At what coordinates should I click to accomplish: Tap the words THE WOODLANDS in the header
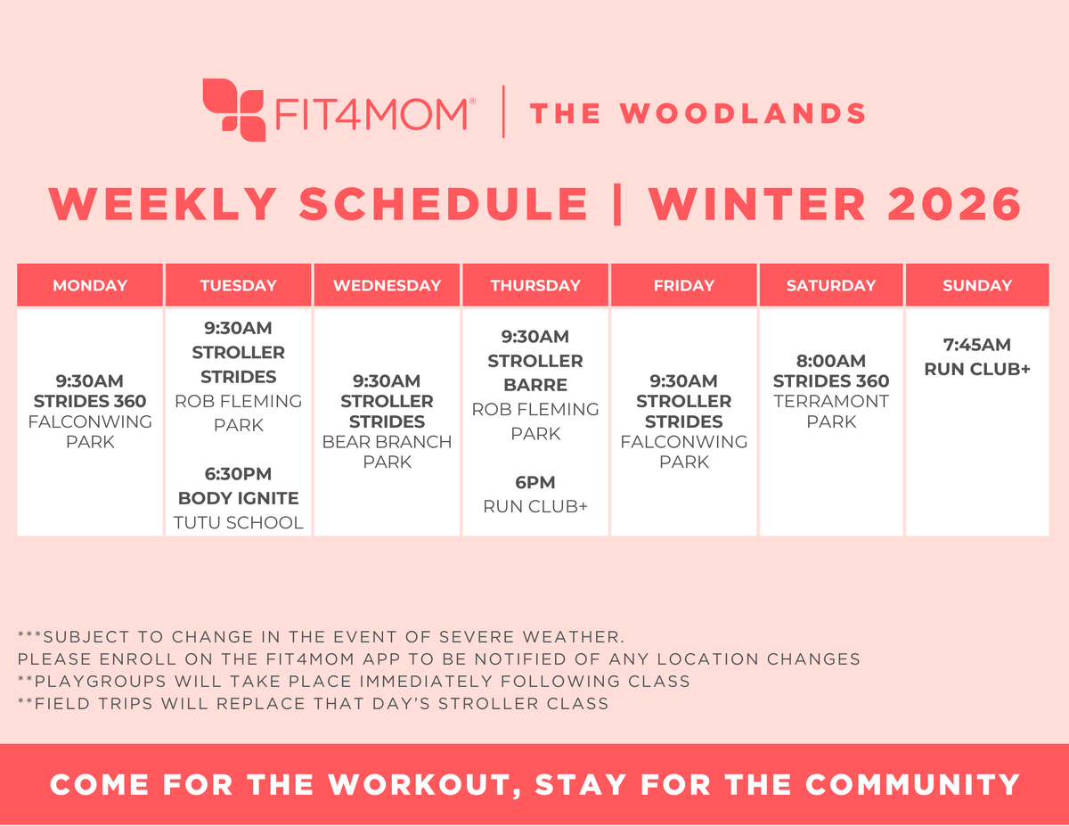(x=698, y=113)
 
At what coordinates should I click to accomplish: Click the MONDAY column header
(x=90, y=286)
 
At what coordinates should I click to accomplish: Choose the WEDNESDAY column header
(x=387, y=286)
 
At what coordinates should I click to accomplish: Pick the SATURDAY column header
(x=830, y=286)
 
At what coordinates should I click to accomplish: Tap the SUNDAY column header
(x=977, y=286)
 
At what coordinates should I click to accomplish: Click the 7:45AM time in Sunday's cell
(x=977, y=345)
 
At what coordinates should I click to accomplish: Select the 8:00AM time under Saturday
(x=831, y=361)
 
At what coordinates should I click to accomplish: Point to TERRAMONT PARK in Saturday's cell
(x=831, y=411)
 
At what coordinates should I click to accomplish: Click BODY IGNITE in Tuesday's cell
(x=238, y=498)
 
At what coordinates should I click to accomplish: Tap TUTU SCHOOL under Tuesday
(x=238, y=523)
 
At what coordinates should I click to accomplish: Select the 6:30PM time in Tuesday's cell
(x=238, y=474)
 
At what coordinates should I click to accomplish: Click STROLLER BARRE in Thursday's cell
(x=534, y=373)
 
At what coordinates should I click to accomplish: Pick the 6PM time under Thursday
(x=534, y=483)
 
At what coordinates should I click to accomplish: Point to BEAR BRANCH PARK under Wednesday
(x=387, y=452)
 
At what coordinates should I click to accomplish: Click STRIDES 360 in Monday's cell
(x=90, y=401)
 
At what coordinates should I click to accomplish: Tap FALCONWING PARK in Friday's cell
(x=683, y=452)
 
